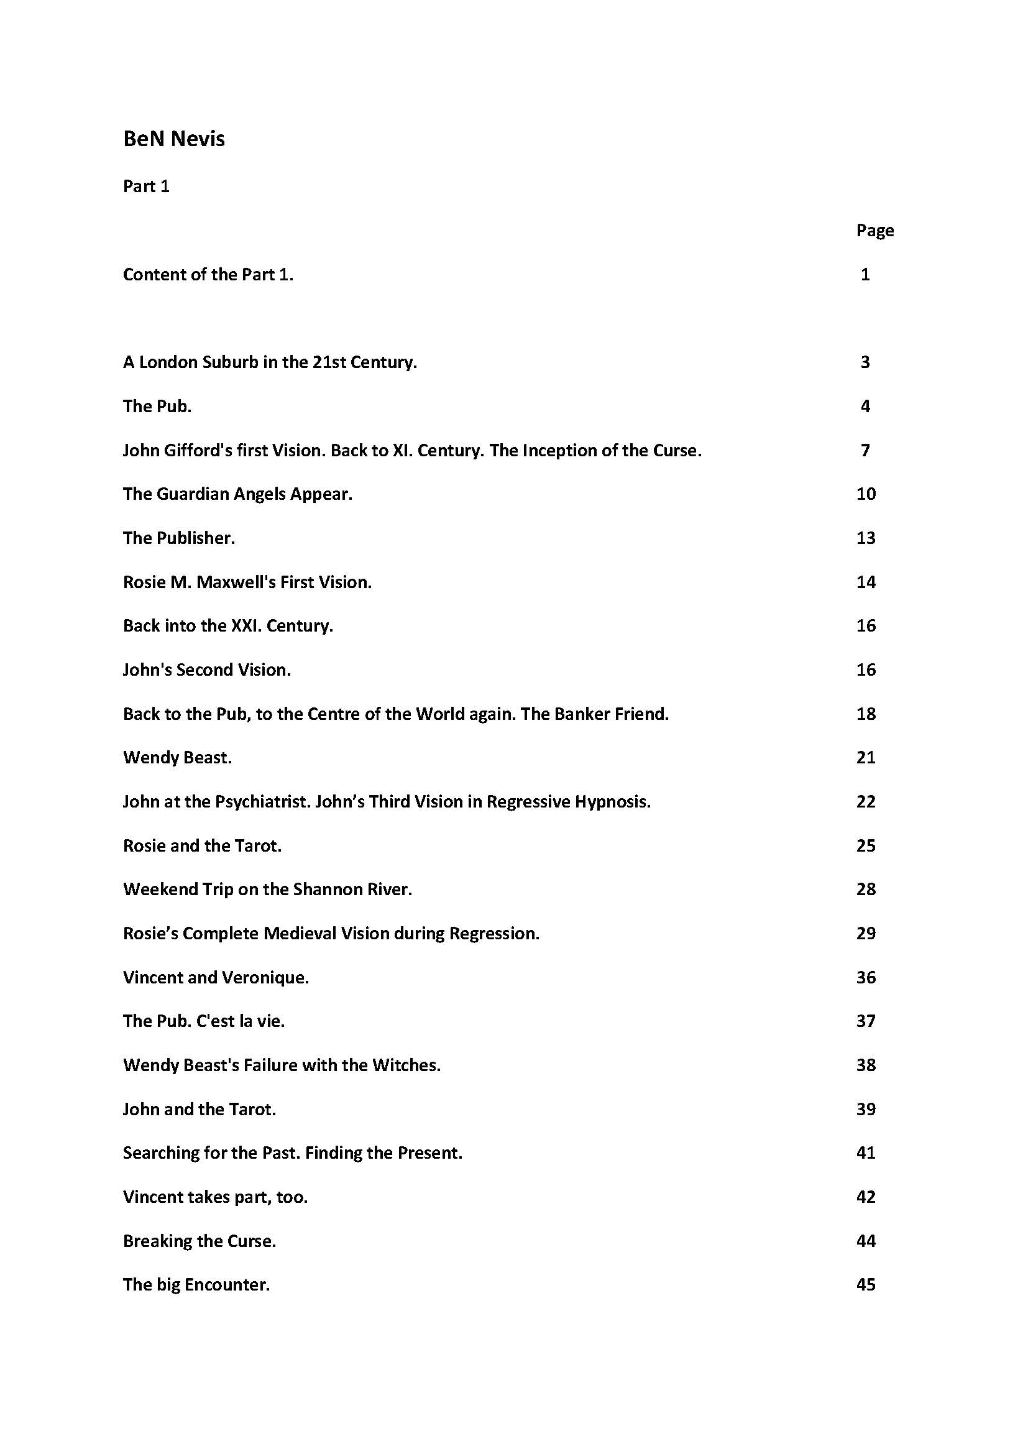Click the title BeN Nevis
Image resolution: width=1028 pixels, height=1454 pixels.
click(174, 139)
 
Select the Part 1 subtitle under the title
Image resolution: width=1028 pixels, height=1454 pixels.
click(146, 186)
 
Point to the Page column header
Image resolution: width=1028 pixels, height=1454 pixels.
click(875, 231)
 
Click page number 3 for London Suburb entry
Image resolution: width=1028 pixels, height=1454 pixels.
click(865, 362)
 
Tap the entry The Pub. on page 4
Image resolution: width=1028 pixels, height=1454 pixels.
click(157, 407)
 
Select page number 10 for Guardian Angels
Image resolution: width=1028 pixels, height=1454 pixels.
click(866, 494)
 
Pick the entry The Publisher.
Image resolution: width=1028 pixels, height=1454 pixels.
click(179, 538)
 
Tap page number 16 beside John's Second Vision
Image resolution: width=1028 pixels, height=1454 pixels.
click(866, 670)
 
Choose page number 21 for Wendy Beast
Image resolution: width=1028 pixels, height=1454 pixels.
click(866, 757)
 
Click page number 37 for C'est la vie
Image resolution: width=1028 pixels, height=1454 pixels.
click(866, 1021)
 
